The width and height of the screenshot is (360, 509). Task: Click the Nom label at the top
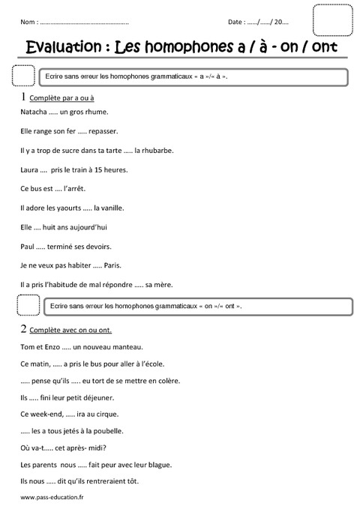pos(28,22)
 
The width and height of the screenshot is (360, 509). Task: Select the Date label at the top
pos(236,22)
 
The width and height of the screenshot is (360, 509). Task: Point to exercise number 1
pos(24,97)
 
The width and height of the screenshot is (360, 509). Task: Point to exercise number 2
pos(24,329)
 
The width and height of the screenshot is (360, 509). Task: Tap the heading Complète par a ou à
pos(61,98)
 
